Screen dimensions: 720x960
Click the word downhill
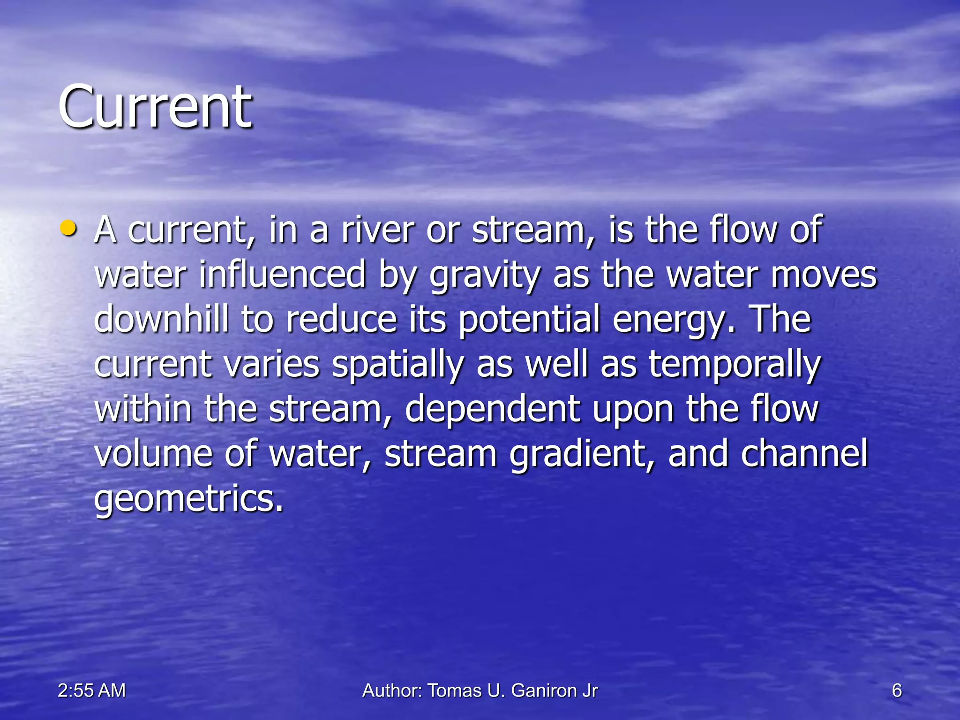[161, 319]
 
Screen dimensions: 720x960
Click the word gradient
[581, 455]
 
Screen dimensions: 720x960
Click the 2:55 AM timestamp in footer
[92, 690]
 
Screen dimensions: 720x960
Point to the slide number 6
[897, 690]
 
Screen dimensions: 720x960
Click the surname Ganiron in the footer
[544, 690]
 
